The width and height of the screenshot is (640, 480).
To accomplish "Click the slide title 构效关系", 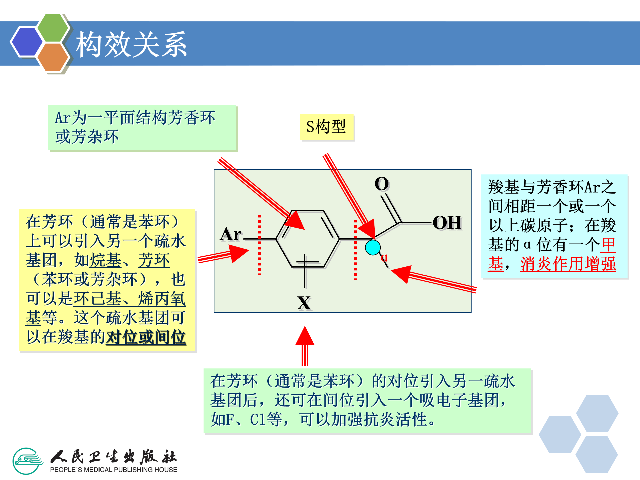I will [x=131, y=44].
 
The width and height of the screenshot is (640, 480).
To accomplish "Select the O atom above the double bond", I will [x=382, y=184].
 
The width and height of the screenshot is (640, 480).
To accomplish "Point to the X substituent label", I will [x=304, y=303].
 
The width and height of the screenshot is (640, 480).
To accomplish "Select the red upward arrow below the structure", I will [x=305, y=346].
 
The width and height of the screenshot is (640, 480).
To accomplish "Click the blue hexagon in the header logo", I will [x=27, y=41].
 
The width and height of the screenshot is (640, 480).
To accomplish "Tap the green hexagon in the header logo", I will [x=53, y=28].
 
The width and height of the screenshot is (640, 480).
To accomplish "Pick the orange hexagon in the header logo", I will [x=53, y=57].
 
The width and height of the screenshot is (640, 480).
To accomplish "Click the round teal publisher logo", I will [x=28, y=461].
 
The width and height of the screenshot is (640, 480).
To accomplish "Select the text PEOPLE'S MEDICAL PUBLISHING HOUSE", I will [x=113, y=470].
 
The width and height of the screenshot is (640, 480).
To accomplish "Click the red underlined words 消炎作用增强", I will [x=568, y=264].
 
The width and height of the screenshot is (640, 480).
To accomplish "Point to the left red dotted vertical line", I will [x=260, y=244].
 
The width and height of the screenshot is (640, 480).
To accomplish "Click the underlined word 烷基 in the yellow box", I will [x=106, y=260].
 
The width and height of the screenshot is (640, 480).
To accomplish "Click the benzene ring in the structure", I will [x=308, y=239].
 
